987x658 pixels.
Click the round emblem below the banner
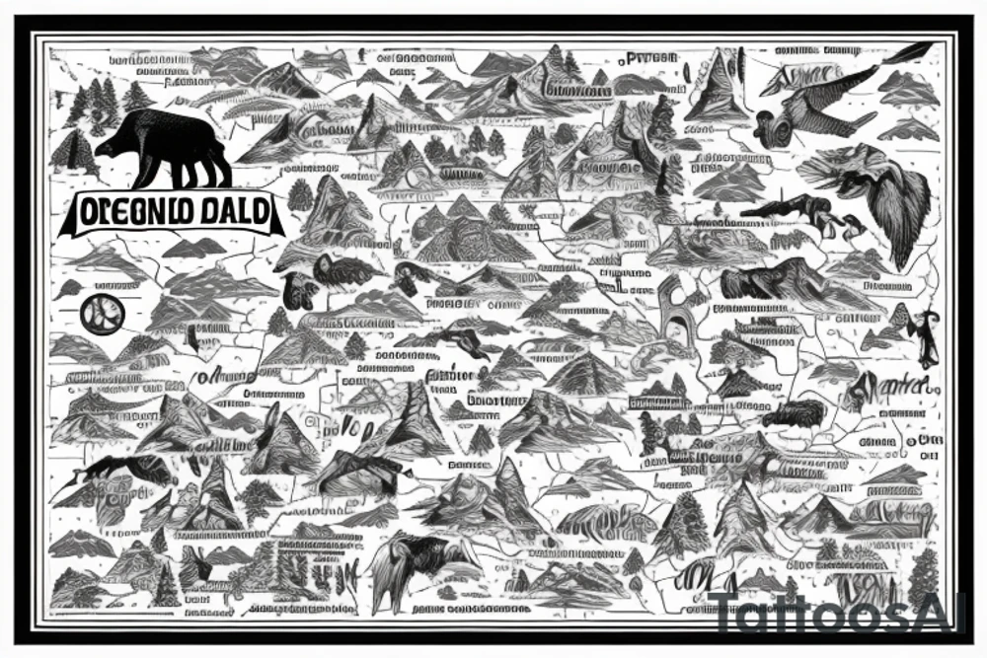click(x=105, y=314)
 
